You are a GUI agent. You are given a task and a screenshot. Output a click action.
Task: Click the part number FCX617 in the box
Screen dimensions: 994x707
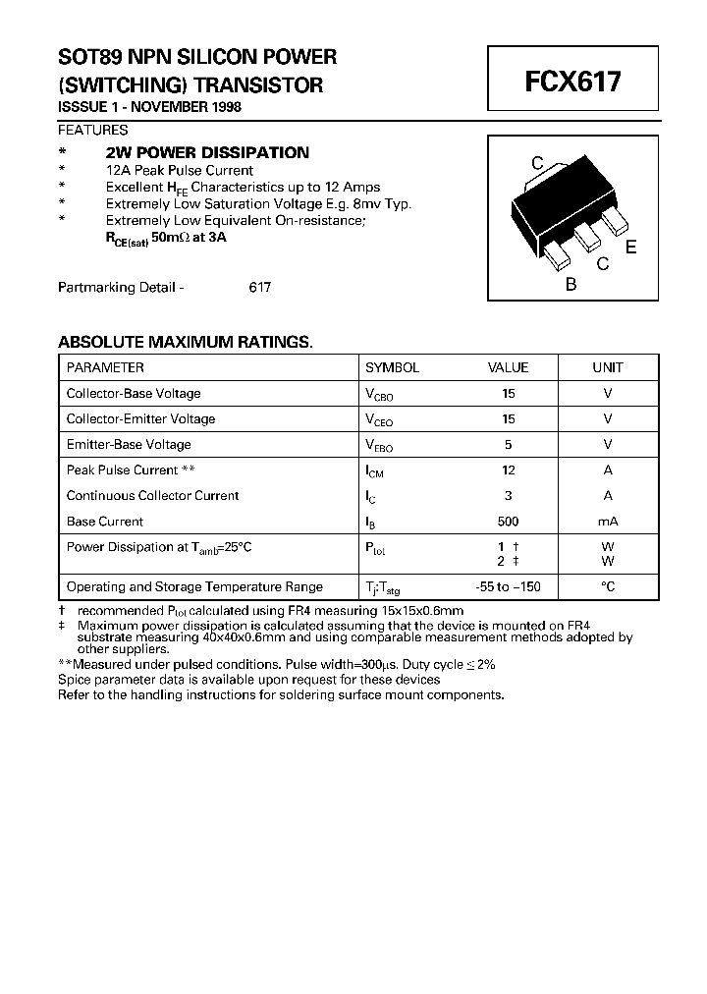pyautogui.click(x=573, y=82)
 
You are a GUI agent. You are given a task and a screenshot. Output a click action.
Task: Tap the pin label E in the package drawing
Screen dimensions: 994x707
pyautogui.click(x=630, y=247)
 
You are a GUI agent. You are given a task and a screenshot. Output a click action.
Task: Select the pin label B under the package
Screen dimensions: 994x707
pyautogui.click(x=571, y=285)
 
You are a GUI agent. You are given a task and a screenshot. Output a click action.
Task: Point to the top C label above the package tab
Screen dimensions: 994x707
pyautogui.click(x=537, y=163)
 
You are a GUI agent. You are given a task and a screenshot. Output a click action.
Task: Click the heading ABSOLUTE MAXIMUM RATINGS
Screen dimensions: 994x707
pyautogui.click(x=186, y=342)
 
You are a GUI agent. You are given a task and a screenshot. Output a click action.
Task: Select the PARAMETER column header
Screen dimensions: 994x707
pyautogui.click(x=105, y=367)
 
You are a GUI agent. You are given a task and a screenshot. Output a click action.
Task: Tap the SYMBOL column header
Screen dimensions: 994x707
pyautogui.click(x=392, y=367)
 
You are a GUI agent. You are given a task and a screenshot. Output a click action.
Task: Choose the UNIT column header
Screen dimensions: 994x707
pyautogui.click(x=608, y=367)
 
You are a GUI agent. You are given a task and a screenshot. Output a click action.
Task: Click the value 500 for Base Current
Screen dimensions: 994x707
pyautogui.click(x=508, y=522)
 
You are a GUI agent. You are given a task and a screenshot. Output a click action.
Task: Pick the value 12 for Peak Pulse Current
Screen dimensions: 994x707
pyautogui.click(x=508, y=470)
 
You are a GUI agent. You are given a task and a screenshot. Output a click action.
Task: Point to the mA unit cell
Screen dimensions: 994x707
pyautogui.click(x=608, y=522)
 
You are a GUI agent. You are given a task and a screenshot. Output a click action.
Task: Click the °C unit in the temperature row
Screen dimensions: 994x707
pyautogui.click(x=608, y=586)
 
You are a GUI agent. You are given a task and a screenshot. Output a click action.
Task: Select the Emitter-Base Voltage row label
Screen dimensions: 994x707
pyautogui.click(x=129, y=445)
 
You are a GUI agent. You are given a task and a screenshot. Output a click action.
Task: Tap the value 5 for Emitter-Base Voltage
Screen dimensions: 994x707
pyautogui.click(x=508, y=445)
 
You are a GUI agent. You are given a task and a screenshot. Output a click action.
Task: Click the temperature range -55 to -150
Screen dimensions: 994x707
pyautogui.click(x=508, y=586)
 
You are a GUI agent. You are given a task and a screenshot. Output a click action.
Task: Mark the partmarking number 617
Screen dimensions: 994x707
pyautogui.click(x=259, y=288)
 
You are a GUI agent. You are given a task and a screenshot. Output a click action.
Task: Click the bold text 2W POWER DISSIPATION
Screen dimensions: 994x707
pyautogui.click(x=207, y=152)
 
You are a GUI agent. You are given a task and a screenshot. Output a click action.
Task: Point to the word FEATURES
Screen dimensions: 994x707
pyautogui.click(x=93, y=130)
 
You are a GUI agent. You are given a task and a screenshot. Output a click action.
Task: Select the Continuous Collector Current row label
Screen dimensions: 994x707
pyautogui.click(x=152, y=496)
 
